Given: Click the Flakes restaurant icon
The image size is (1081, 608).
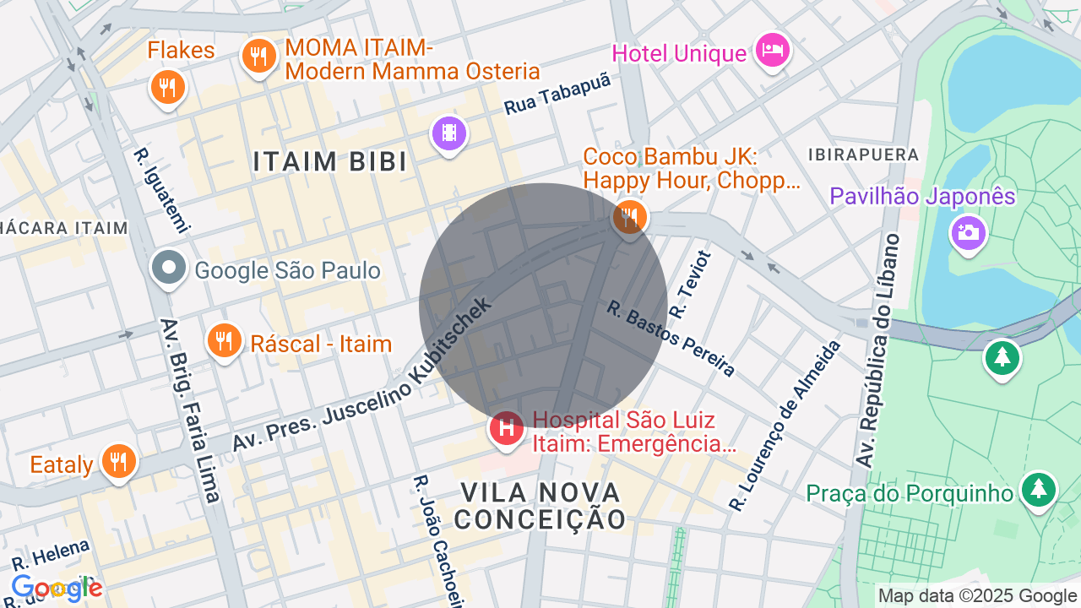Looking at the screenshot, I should pyautogui.click(x=168, y=87).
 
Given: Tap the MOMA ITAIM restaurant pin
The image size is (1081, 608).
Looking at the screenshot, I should pyautogui.click(x=258, y=57).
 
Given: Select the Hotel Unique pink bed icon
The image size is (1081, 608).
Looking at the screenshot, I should pyautogui.click(x=772, y=50).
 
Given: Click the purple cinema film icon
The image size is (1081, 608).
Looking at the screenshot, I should pyautogui.click(x=449, y=133).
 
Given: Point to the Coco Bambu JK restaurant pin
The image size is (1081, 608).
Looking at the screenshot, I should pyautogui.click(x=629, y=217).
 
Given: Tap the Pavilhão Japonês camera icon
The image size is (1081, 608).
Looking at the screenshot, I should pyautogui.click(x=968, y=231).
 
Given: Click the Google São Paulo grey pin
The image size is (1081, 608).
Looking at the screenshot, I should pyautogui.click(x=169, y=269).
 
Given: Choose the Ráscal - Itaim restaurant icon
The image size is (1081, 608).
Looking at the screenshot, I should pyautogui.click(x=224, y=340).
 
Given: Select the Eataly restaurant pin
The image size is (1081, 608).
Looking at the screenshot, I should pyautogui.click(x=119, y=461).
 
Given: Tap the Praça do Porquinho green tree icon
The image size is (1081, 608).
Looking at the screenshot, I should pyautogui.click(x=1038, y=489).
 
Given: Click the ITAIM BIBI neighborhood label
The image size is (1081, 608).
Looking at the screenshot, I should pyautogui.click(x=329, y=161).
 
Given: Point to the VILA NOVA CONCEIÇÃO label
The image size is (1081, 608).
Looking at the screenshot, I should pyautogui.click(x=540, y=505).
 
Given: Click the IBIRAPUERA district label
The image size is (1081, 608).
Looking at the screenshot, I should pyautogui.click(x=863, y=155).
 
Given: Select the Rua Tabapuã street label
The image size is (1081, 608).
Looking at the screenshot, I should pyautogui.click(x=557, y=95).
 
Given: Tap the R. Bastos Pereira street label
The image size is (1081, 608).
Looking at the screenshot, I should pyautogui.click(x=671, y=338).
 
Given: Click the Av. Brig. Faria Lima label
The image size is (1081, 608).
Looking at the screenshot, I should pyautogui.click(x=190, y=410).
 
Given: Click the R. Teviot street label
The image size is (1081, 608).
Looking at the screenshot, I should pyautogui.click(x=690, y=285).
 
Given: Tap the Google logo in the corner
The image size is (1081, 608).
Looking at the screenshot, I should pyautogui.click(x=57, y=588).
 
